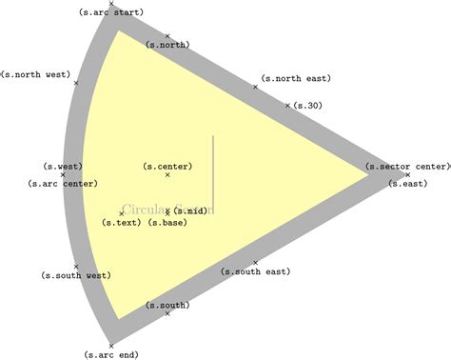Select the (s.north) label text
point(167,45)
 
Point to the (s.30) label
point(307,106)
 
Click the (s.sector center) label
point(407,166)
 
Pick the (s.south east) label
point(255,271)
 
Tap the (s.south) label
point(167,305)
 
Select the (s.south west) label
point(76,275)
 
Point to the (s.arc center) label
point(63,184)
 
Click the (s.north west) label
point(35,74)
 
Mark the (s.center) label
point(167,166)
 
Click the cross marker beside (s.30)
point(287,106)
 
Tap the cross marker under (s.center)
point(167,175)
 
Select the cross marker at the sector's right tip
point(407,174)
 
